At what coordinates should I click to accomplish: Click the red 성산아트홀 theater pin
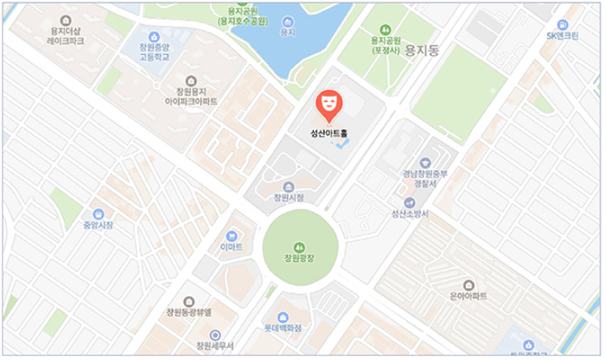click(x=328, y=103)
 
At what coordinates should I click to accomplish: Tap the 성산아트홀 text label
click(x=328, y=134)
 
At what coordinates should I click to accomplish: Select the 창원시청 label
click(x=289, y=197)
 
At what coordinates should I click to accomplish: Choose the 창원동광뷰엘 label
click(x=188, y=311)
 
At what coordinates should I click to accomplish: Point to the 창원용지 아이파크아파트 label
click(x=191, y=97)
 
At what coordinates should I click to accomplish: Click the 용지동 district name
click(x=421, y=49)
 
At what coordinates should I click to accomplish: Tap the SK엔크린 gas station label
click(x=562, y=36)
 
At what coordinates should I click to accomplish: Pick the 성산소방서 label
click(x=409, y=214)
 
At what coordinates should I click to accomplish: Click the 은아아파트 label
click(x=468, y=296)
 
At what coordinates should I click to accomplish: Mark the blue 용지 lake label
click(x=286, y=33)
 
